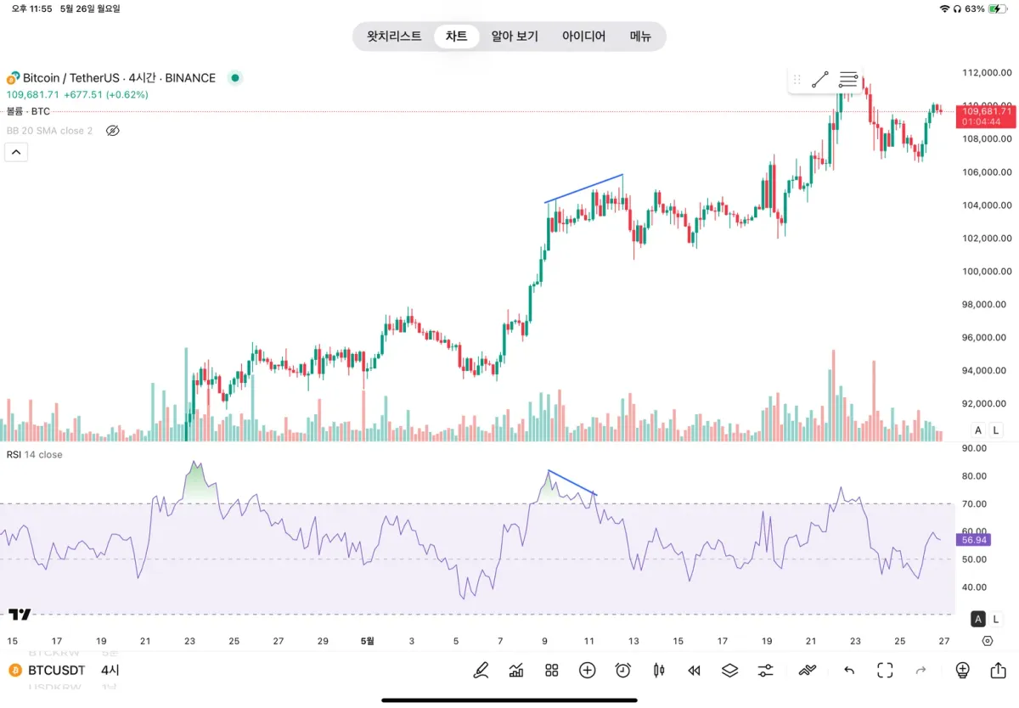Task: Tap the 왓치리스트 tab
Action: [394, 37]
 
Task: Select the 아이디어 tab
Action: [583, 37]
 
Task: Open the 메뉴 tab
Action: [640, 37]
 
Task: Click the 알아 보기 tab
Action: [515, 37]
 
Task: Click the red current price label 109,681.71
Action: [985, 111]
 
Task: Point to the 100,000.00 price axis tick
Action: [985, 272]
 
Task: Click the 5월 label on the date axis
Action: [367, 641]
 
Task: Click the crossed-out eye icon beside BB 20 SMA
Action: [112, 131]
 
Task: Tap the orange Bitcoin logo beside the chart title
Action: [14, 78]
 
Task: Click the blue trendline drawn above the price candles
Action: [584, 188]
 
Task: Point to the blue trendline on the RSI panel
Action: [572, 482]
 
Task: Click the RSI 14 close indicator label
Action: [35, 455]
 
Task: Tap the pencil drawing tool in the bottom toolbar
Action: [481, 671]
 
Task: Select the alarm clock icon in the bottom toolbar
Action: [623, 671]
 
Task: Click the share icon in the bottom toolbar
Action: [998, 671]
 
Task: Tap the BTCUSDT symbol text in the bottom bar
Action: [57, 671]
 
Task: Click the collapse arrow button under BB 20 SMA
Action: [17, 152]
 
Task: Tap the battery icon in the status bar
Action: [999, 8]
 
